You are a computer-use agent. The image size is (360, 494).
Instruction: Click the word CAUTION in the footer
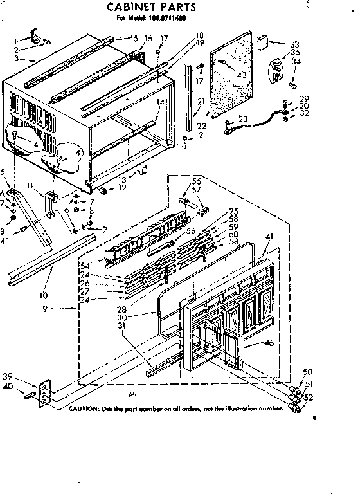pos(83,409)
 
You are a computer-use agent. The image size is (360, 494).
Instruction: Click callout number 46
pos(269,343)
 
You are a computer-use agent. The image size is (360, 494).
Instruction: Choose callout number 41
pos(269,235)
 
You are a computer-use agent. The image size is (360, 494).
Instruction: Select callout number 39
pos(25,376)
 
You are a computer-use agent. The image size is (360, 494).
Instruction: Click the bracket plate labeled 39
pos(44,392)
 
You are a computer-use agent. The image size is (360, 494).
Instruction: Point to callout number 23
pos(243,118)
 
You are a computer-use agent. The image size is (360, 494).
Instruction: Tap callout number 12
pos(123,187)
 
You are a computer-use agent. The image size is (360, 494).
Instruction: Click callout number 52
pos(307,397)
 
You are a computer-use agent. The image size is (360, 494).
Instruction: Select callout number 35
pos(296,52)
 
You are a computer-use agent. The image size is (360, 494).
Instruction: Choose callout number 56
pos(191,231)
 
